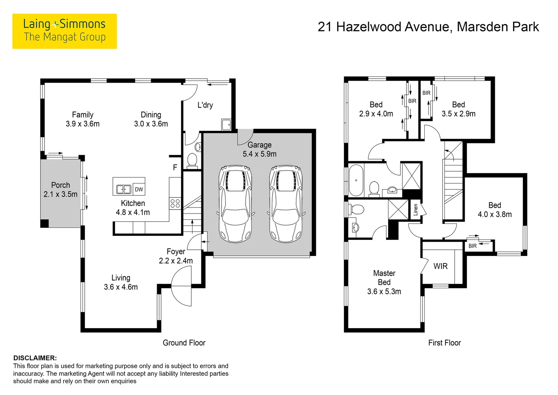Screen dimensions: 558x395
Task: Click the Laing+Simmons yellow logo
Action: click(65, 31)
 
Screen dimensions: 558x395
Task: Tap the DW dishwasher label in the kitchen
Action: click(139, 189)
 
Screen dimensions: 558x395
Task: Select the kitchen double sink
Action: click(124, 189)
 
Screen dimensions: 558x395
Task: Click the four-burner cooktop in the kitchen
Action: click(175, 203)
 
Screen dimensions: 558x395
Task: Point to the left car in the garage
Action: click(236, 204)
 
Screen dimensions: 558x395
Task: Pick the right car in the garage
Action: click(286, 204)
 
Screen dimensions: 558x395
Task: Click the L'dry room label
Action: click(205, 105)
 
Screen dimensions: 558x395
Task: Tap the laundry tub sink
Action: click(226, 124)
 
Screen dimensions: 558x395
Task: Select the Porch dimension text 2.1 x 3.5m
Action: click(61, 194)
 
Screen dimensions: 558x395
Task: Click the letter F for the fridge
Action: click(175, 167)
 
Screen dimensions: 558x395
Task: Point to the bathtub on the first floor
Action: click(356, 180)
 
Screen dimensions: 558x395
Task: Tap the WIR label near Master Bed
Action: click(440, 266)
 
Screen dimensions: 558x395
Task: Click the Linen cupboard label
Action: click(416, 210)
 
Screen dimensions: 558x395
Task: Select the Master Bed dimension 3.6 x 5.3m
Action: click(384, 291)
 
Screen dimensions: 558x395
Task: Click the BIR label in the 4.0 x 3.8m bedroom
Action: click(473, 246)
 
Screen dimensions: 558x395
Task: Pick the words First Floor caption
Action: click(445, 343)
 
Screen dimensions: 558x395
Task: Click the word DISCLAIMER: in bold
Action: click(35, 358)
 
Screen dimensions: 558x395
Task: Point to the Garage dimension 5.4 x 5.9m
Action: click(260, 154)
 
